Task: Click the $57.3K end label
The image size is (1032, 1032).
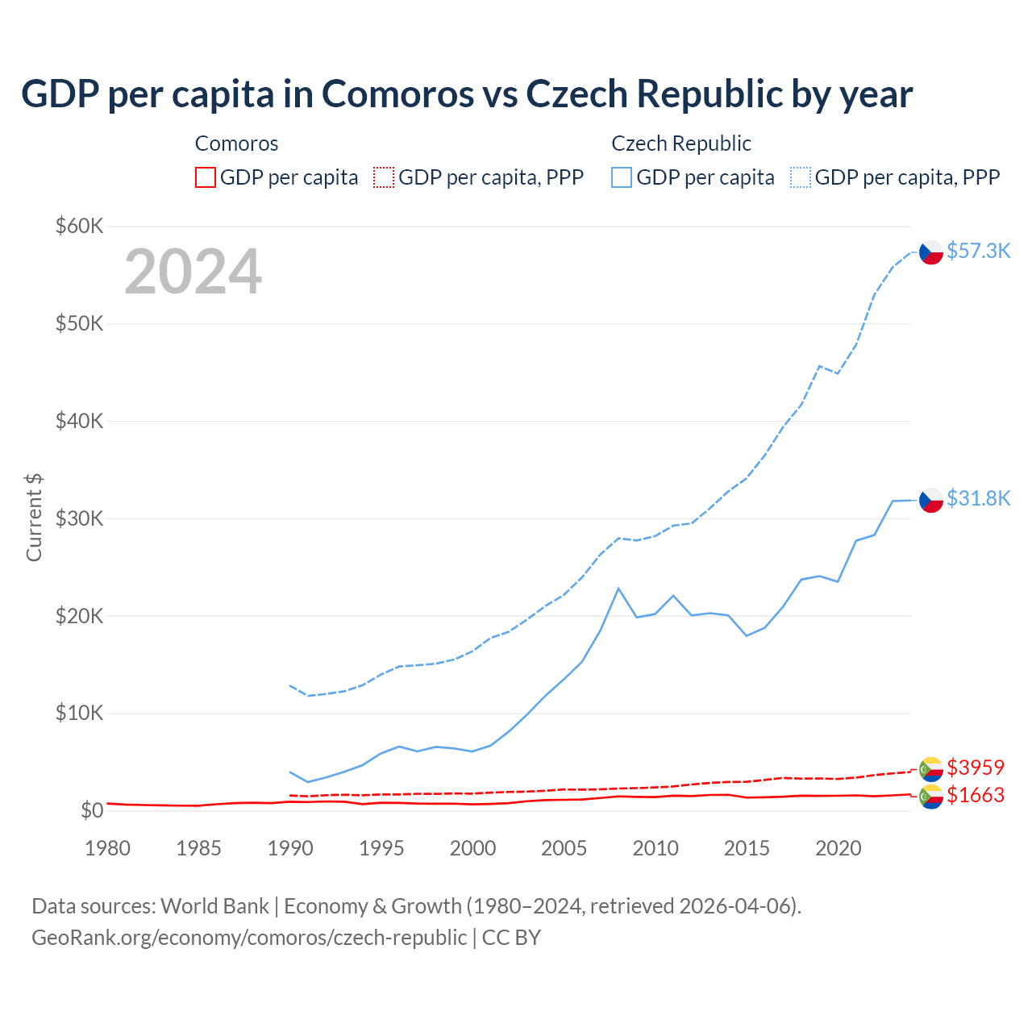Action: (978, 251)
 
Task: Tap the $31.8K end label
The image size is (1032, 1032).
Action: (978, 498)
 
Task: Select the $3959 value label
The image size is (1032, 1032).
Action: (976, 767)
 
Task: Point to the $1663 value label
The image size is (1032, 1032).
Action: (976, 795)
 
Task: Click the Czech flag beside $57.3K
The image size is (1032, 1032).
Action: (931, 252)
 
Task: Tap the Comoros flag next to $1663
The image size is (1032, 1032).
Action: (931, 797)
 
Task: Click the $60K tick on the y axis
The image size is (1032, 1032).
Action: (79, 226)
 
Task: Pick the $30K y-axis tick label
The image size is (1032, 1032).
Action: (79, 518)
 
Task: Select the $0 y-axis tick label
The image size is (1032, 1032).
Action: (92, 810)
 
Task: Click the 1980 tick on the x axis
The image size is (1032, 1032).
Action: (107, 848)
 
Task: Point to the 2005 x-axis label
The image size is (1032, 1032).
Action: (564, 848)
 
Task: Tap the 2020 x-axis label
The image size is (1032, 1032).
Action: (838, 848)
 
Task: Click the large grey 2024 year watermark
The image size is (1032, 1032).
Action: (193, 272)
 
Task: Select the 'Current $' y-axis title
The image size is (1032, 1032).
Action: (34, 518)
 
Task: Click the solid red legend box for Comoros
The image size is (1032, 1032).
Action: (206, 177)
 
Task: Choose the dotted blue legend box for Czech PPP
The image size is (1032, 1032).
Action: (801, 177)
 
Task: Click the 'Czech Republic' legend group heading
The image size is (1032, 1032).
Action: (681, 144)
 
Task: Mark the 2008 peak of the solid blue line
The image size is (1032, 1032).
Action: (618, 589)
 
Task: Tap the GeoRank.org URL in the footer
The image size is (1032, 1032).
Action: (249, 938)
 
